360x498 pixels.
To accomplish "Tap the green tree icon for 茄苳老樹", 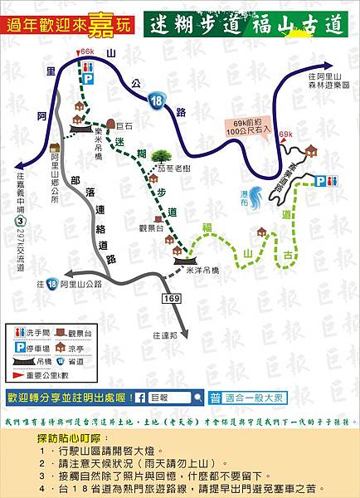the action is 160,155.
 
